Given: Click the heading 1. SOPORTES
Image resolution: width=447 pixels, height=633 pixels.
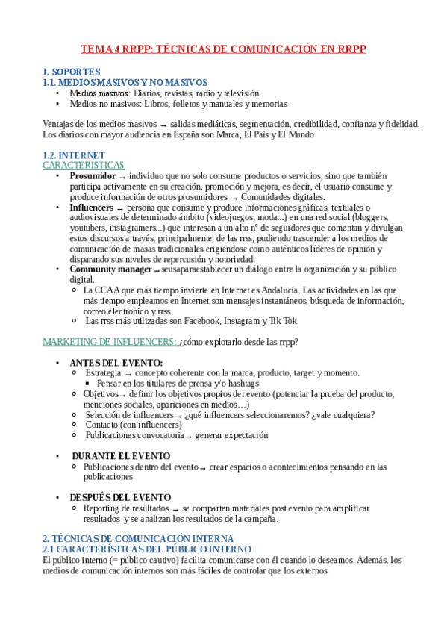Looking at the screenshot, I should coord(66,72).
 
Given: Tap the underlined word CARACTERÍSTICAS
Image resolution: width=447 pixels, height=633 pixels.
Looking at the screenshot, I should coord(83,165).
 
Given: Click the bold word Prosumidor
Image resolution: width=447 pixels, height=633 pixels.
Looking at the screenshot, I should coord(93,175).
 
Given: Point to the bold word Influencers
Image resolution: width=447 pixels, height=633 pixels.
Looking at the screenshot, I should coord(92,207).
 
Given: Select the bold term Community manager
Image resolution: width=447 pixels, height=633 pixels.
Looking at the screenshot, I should coord(110,269).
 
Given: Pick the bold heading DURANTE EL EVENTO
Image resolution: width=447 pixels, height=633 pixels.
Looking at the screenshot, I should coord(121,455).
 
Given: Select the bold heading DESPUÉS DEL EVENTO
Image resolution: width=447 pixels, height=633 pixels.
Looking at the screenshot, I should coord(120,497).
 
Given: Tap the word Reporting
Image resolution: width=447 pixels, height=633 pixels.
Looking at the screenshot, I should coord(103,508).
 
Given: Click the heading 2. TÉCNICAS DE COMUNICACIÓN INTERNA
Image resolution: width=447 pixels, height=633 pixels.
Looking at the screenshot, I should coord(137,538).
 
